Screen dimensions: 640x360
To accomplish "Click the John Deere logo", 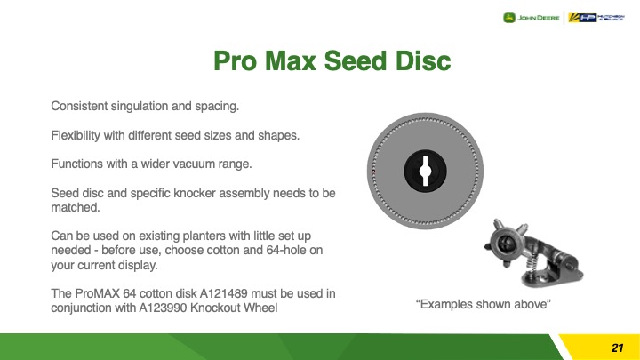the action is click(532, 18).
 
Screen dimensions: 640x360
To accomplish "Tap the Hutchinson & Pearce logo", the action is click(596, 18).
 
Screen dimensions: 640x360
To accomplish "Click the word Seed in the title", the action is click(355, 60).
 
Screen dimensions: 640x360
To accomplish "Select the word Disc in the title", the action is click(422, 60).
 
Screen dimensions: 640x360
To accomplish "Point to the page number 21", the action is click(617, 348).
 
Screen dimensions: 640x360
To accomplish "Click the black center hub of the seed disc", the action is click(425, 171).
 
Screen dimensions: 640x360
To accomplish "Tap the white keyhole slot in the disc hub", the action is click(425, 171).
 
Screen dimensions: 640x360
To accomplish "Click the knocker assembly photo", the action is click(533, 253).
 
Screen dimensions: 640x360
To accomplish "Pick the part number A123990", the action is click(163, 308).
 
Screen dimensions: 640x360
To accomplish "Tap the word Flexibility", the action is click(76, 135).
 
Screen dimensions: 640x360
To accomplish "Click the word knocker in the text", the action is click(195, 193).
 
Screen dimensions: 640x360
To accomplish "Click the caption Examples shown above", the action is click(484, 305).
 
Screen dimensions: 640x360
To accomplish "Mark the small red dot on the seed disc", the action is click(373, 172).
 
